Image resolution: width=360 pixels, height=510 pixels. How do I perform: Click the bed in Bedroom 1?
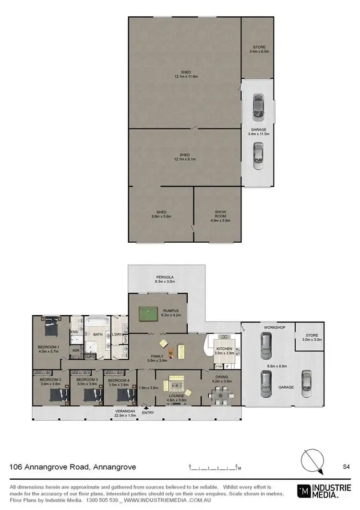coord(50,329)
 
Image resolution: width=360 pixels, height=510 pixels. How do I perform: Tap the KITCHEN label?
coord(225,349)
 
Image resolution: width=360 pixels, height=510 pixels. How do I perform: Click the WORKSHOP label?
coord(275,327)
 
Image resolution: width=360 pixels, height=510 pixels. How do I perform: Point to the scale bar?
coord(214,467)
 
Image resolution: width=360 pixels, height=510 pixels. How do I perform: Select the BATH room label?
coord(98,335)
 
